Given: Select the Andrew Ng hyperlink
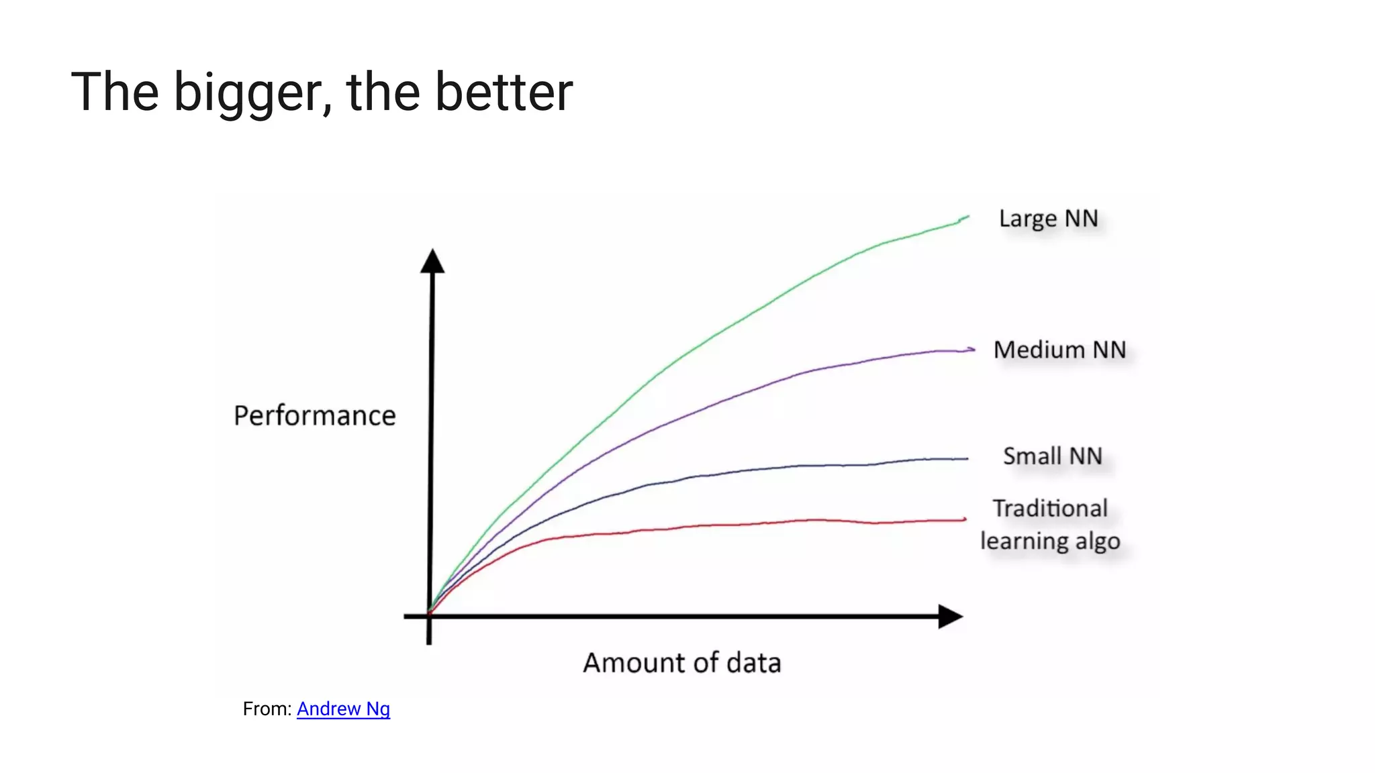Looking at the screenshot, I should (343, 709).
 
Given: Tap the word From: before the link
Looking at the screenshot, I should (267, 709).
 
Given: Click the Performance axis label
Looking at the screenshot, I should (314, 415).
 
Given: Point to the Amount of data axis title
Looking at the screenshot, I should (681, 663).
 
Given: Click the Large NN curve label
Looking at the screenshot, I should (1048, 219).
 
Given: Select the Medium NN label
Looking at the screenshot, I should (1059, 350).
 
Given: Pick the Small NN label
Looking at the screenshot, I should (1052, 456).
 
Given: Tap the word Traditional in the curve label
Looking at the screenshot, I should (1050, 509).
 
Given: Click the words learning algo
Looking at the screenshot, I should (1050, 541).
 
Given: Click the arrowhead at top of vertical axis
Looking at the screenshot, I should (432, 262).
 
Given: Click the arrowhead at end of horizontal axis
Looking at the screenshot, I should (949, 616).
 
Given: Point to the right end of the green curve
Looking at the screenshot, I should (967, 217).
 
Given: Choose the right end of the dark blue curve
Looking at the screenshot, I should (967, 459).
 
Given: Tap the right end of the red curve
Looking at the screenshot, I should (965, 519).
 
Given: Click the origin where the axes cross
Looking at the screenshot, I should (429, 615).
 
